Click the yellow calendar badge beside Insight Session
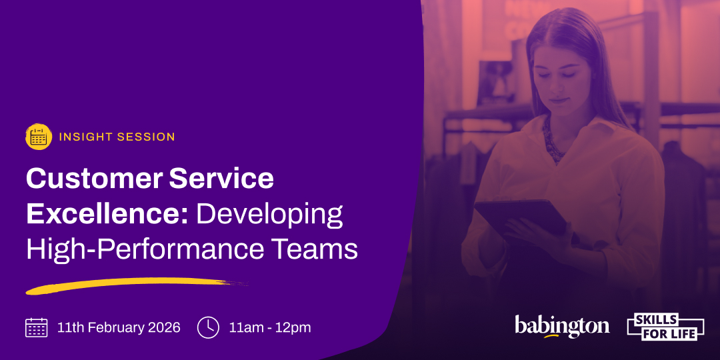39,137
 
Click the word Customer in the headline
94,179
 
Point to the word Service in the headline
221,179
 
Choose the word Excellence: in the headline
107,215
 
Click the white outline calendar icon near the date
36,327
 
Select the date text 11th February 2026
119,328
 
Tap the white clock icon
208,327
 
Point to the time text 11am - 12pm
270,328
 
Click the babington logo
562,326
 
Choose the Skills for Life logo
665,327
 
